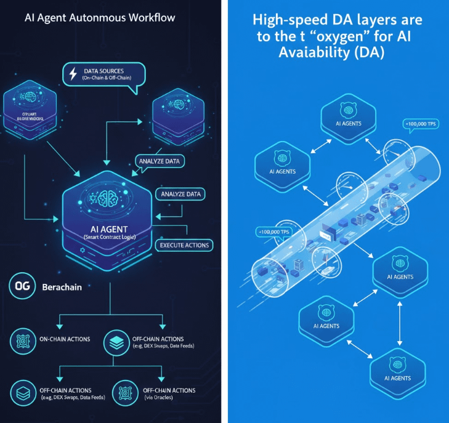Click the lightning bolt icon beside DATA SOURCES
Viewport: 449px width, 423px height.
click(74, 75)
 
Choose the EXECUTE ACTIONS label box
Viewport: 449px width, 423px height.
click(184, 245)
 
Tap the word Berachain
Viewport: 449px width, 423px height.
click(62, 288)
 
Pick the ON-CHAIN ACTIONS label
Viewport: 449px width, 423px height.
click(64, 339)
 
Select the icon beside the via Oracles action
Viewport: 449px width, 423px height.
click(125, 392)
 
